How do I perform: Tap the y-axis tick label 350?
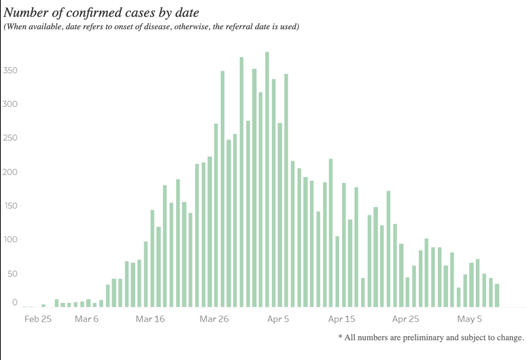tap(12, 71)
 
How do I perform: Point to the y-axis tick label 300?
tap(12, 104)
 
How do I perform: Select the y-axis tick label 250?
tap(12, 138)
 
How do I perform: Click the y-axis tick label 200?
tap(12, 171)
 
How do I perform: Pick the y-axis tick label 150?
tap(12, 206)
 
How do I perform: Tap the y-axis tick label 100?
tap(12, 240)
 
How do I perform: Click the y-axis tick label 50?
tap(14, 274)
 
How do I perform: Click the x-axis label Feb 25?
tap(37, 318)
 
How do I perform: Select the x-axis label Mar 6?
tap(86, 318)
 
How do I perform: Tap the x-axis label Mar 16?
tap(150, 318)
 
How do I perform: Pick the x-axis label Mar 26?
tap(214, 318)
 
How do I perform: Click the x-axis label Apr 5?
tap(278, 318)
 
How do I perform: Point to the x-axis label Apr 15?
tap(341, 318)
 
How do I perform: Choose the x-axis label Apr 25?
tap(405, 318)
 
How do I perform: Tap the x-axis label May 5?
tap(470, 318)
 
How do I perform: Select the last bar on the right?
tap(497, 295)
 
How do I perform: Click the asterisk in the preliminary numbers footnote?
tap(340, 336)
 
